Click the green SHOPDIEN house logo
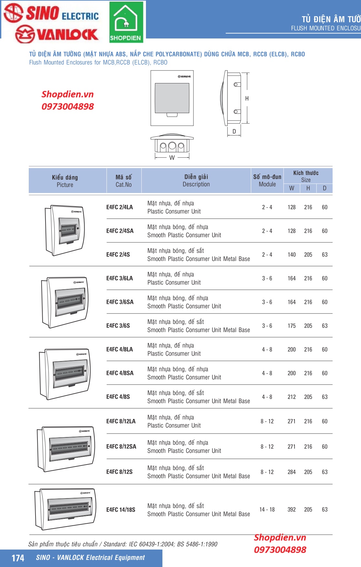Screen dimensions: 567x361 (x=126, y=22)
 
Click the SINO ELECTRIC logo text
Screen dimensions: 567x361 (x=52, y=13)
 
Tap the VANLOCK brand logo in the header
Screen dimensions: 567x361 (x=57, y=34)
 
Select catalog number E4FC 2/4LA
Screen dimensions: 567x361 (x=119, y=207)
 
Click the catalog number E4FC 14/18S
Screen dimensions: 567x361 (x=121, y=510)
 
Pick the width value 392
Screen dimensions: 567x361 (x=291, y=509)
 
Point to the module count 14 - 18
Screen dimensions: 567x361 (x=267, y=509)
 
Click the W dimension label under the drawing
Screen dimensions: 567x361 (x=172, y=158)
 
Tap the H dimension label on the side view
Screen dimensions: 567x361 (x=247, y=99)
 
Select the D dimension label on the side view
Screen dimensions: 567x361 (x=234, y=132)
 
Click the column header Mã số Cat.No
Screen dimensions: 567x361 (x=124, y=181)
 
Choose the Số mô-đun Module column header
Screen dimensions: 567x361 (x=267, y=180)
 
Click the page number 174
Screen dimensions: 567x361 (x=18, y=558)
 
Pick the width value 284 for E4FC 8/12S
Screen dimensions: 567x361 (x=291, y=472)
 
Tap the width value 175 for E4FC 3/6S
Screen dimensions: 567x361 (x=291, y=326)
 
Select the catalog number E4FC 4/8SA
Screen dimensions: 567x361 (x=120, y=373)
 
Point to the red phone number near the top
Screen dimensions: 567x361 (x=67, y=106)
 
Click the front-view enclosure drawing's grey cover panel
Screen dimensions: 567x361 (x=172, y=98)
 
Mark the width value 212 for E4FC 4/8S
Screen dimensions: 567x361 (x=291, y=397)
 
